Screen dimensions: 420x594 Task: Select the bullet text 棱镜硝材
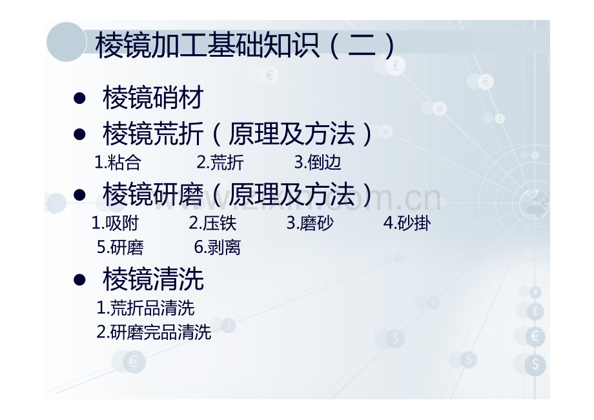tap(153, 98)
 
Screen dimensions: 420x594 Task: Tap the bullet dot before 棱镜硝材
tap(80, 98)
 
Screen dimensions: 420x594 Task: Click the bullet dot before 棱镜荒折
tap(80, 135)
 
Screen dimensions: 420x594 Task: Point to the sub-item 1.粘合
tap(118, 163)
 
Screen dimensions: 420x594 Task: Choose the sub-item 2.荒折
tap(220, 163)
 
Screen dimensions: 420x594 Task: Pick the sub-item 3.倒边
tap(318, 163)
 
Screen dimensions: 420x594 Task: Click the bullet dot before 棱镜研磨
tap(80, 194)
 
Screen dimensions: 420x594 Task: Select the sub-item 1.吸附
tap(115, 223)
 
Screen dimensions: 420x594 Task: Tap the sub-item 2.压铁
tap(212, 223)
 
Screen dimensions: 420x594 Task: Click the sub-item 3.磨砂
tap(310, 223)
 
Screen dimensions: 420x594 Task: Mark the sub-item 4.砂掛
tap(407, 223)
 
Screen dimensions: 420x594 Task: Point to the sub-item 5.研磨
tap(120, 247)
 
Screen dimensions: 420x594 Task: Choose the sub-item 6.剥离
tap(218, 247)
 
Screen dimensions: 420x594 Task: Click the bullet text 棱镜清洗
tap(153, 279)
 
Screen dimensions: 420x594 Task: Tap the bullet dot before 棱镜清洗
tap(80, 279)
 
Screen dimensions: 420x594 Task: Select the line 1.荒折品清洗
tap(145, 308)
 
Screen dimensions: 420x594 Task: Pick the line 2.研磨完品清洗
tap(154, 332)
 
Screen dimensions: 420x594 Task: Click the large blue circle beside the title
tap(67, 42)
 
